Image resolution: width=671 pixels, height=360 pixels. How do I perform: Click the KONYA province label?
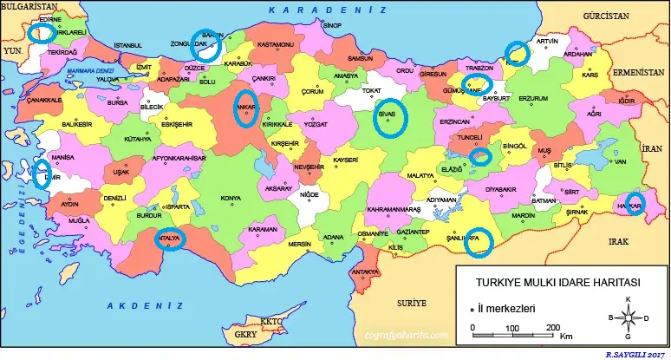(x=231, y=199)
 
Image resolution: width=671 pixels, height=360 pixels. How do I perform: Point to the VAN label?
(x=620, y=173)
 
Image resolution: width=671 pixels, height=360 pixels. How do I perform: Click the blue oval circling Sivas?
(x=391, y=119)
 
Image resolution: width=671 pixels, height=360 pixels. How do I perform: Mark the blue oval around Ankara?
(x=245, y=107)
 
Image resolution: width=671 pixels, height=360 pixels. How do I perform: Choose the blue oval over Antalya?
(x=169, y=239)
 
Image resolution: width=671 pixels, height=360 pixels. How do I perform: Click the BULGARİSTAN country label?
(x=35, y=6)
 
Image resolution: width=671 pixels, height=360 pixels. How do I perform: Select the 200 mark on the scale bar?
(x=552, y=327)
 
